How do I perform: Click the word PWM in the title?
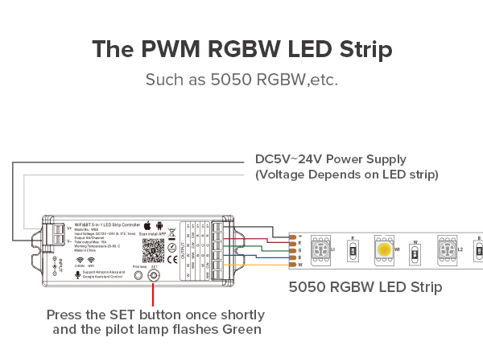[x=169, y=48]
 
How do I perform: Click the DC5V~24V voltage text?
[x=291, y=159]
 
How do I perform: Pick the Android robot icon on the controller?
[x=159, y=227]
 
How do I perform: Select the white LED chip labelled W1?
[x=383, y=249]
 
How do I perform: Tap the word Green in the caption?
[x=240, y=329]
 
